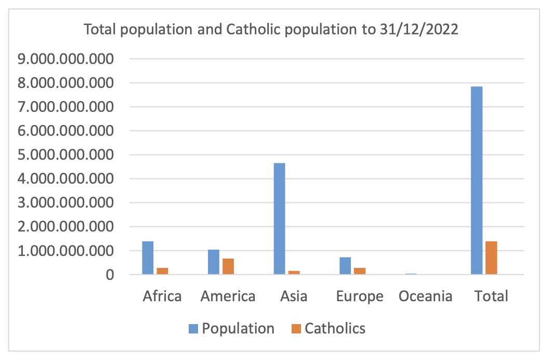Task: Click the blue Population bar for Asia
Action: tap(279, 218)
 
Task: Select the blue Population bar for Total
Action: tap(477, 180)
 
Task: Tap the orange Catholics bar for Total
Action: tap(491, 258)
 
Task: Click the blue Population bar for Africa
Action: tap(148, 258)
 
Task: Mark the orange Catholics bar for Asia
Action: tap(294, 272)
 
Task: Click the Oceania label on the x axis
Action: tap(425, 297)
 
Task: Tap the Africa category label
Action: tap(162, 297)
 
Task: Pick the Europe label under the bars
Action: tap(360, 297)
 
